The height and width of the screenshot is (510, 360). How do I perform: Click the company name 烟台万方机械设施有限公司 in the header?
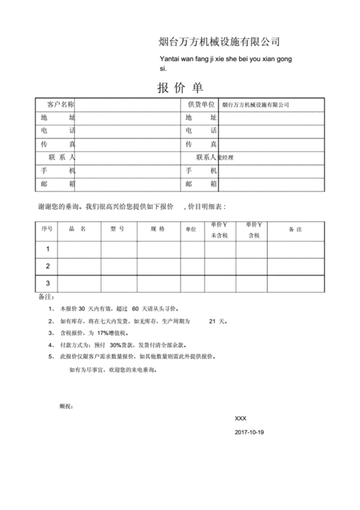coord(219,41)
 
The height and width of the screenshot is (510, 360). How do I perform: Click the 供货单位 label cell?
coord(201,104)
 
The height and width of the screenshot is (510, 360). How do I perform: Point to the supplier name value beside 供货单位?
coord(256,105)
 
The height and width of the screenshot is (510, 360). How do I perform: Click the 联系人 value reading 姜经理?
coord(227,157)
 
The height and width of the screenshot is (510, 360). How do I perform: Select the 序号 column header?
coord(47,229)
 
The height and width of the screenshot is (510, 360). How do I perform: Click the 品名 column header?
coord(78,229)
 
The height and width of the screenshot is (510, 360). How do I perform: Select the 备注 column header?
coord(295,229)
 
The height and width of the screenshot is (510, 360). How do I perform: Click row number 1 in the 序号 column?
coord(48,249)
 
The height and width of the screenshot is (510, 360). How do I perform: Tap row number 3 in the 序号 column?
coord(48,283)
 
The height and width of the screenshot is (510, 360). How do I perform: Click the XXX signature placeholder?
coord(241,419)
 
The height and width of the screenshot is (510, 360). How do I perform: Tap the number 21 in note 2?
coord(212,321)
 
